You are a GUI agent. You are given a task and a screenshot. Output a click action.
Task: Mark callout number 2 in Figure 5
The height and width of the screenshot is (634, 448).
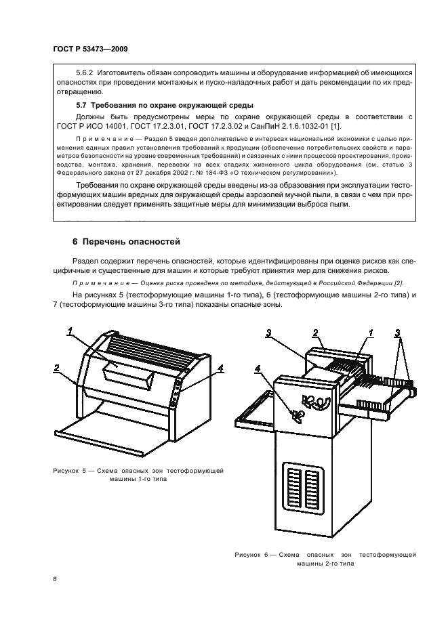(x=56, y=367)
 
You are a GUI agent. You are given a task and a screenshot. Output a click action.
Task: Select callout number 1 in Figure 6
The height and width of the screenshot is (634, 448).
(x=370, y=333)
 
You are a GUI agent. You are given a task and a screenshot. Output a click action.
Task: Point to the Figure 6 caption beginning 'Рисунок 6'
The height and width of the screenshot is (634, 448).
(x=325, y=557)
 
